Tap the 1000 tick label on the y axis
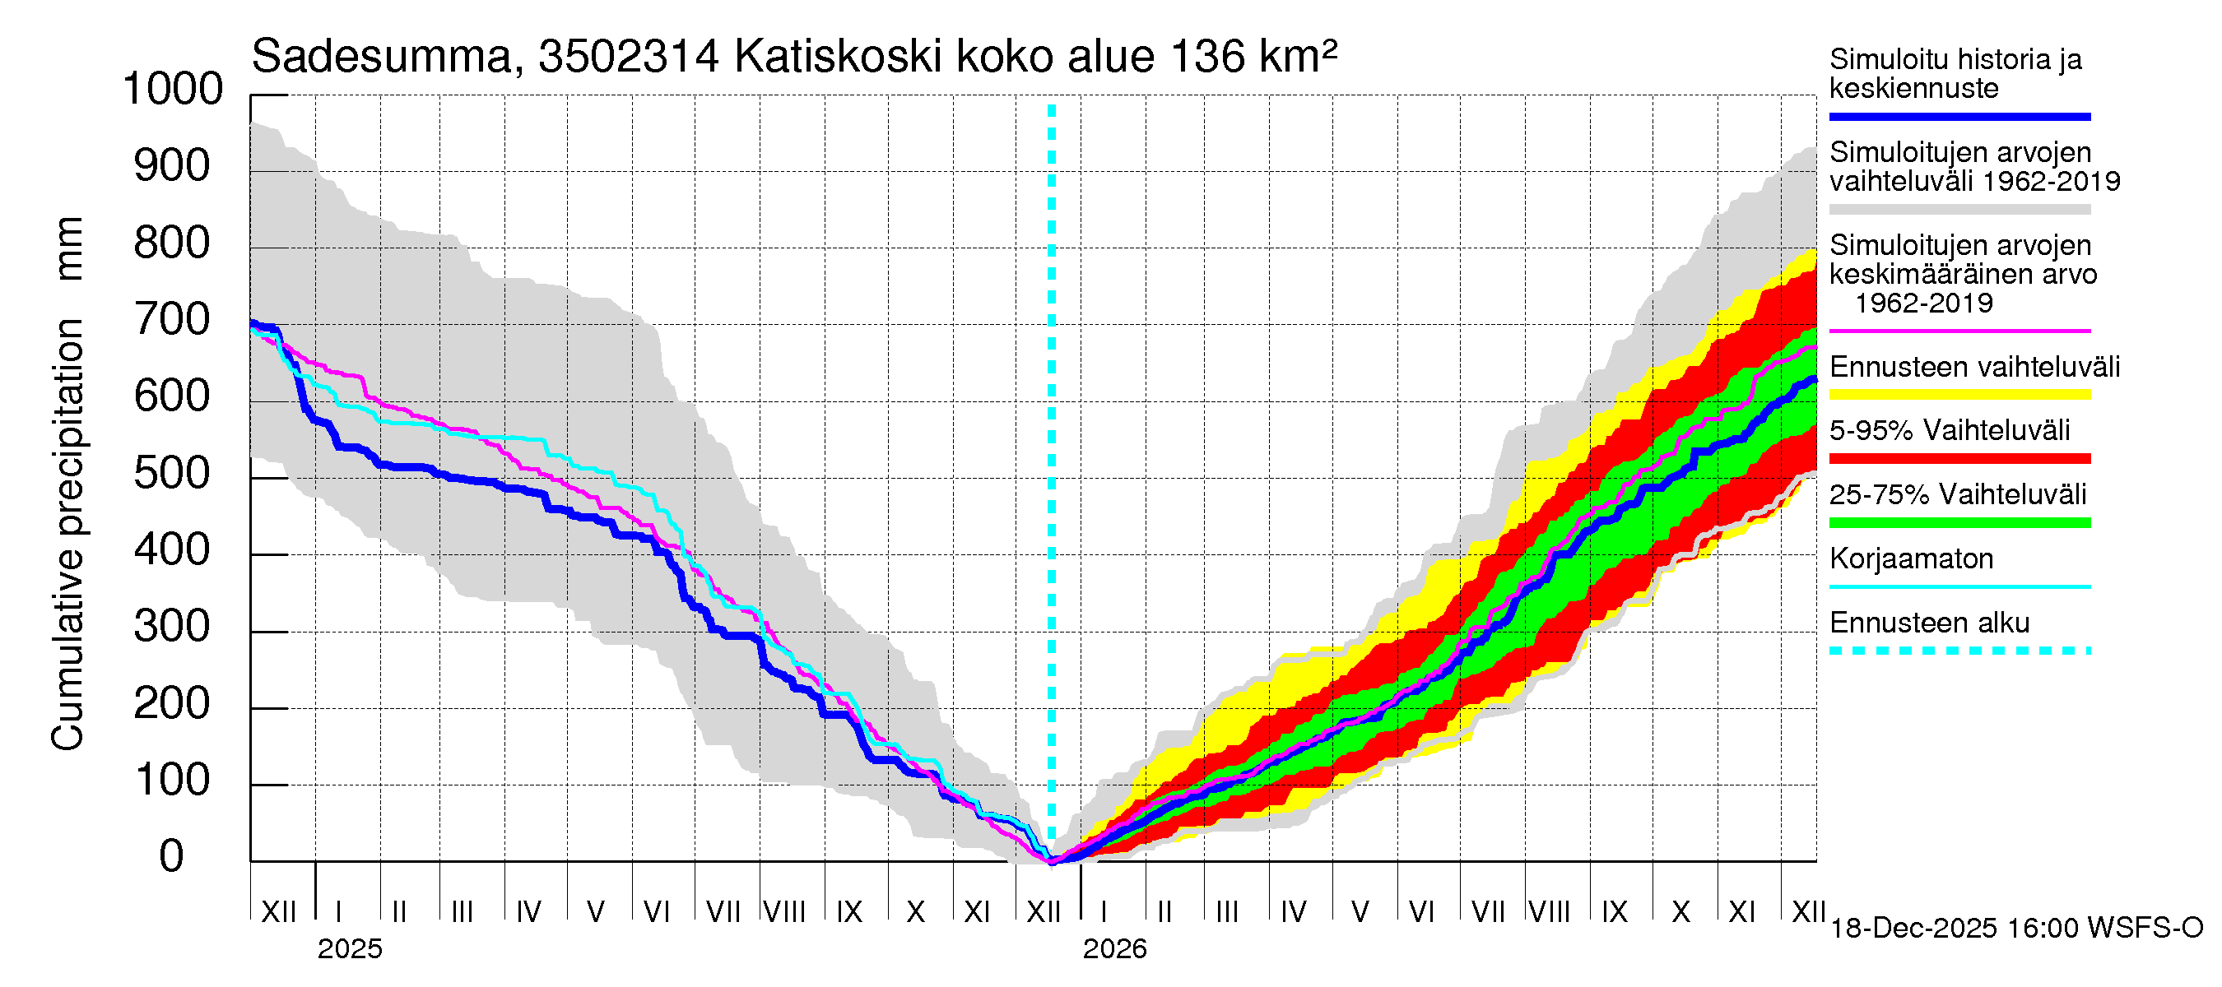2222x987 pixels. pyautogui.click(x=173, y=89)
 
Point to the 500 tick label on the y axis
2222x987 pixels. pyautogui.click(x=173, y=473)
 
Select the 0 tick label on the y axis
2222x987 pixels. pyautogui.click(x=172, y=856)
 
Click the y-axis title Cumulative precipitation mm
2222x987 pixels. pyautogui.click(x=67, y=483)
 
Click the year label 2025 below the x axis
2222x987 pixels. pyautogui.click(x=349, y=949)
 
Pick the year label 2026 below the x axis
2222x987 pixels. pyautogui.click(x=1114, y=949)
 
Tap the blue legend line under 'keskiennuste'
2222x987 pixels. pyautogui.click(x=1959, y=116)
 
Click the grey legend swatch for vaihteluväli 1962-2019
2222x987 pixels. pyautogui.click(x=1959, y=210)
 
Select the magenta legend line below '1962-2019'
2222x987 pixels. pyautogui.click(x=1959, y=331)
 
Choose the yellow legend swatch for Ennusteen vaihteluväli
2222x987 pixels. pyautogui.click(x=1959, y=395)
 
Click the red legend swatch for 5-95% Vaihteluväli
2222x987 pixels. pyautogui.click(x=1959, y=459)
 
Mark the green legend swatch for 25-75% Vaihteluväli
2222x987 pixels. pyautogui.click(x=1959, y=522)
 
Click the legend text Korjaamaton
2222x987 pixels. pyautogui.click(x=1912, y=558)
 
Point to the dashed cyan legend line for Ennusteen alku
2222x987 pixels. pyautogui.click(x=1959, y=651)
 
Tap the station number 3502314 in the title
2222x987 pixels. pyautogui.click(x=628, y=57)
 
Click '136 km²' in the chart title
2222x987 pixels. pyautogui.click(x=1254, y=57)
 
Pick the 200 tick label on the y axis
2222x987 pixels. pyautogui.click(x=173, y=703)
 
